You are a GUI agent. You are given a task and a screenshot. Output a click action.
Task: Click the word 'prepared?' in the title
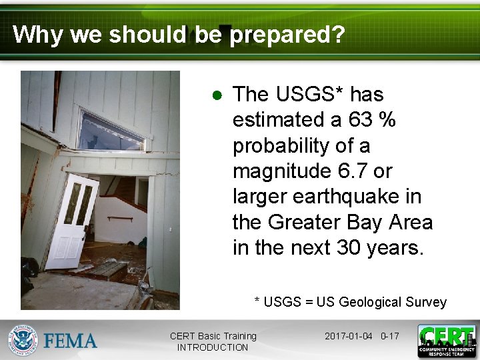click(287, 34)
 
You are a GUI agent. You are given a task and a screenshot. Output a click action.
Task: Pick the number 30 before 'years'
click(348, 247)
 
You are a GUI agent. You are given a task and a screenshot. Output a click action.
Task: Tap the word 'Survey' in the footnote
click(426, 302)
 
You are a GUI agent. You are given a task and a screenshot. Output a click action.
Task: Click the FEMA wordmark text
click(71, 341)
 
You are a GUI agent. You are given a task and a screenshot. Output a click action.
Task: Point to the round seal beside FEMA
click(23, 341)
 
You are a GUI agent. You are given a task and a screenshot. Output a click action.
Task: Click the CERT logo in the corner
click(447, 341)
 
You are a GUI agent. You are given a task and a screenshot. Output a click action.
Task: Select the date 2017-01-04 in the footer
click(349, 336)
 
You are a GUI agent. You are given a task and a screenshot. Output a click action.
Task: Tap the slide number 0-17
click(389, 336)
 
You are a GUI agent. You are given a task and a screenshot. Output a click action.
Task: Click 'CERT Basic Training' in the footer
click(213, 336)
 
